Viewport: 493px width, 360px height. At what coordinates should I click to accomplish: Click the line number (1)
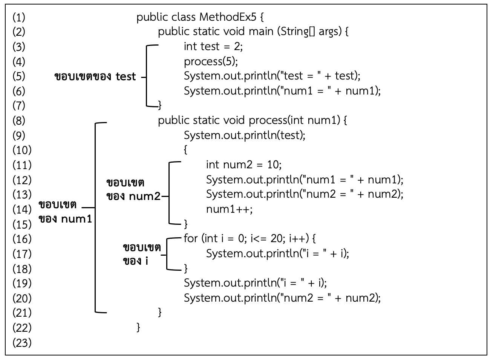click(19, 17)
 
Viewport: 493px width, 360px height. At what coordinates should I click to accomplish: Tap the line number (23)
click(22, 343)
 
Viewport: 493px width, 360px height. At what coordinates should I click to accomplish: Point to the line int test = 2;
click(213, 46)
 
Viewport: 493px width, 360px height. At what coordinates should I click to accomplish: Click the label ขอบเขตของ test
click(95, 76)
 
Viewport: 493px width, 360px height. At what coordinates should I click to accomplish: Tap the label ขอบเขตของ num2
click(133, 189)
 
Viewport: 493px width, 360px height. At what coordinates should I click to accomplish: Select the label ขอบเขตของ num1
click(65, 212)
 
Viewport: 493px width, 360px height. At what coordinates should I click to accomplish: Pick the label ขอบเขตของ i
click(142, 254)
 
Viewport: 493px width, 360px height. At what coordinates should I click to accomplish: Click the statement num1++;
click(229, 209)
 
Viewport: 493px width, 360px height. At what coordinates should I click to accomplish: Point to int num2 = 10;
click(243, 165)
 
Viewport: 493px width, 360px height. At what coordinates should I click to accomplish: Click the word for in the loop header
click(191, 238)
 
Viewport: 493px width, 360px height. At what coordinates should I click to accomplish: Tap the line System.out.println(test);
click(244, 135)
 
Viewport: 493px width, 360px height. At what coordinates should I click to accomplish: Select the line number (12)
click(22, 180)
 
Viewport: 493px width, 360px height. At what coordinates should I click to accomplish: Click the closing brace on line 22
click(138, 327)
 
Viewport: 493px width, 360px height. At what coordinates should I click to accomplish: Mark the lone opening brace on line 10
click(185, 150)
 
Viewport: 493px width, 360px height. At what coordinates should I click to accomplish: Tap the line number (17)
click(22, 253)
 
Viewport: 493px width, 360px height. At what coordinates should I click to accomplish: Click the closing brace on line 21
click(160, 312)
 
